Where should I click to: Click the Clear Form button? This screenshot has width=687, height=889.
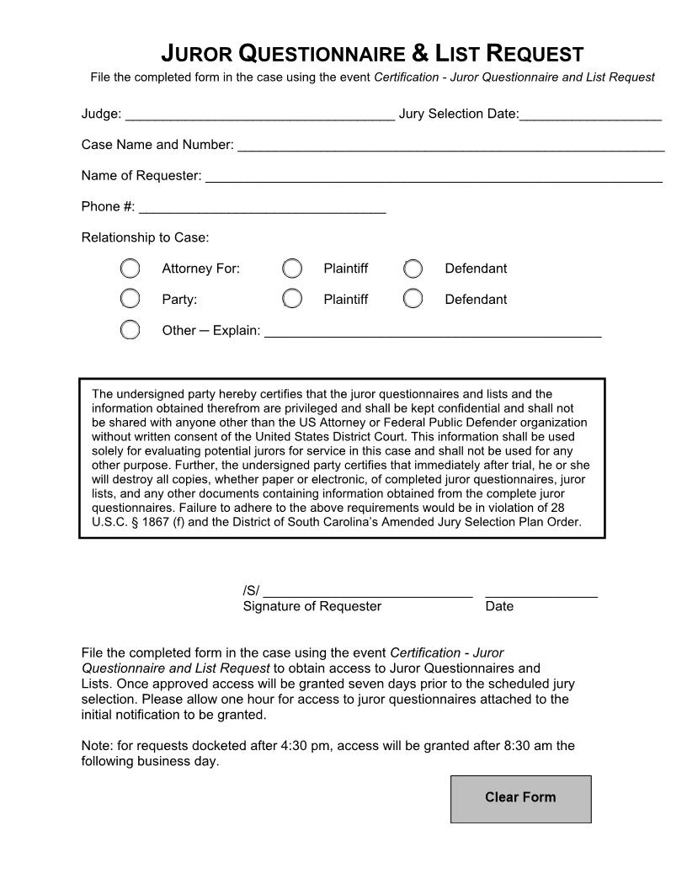click(x=520, y=798)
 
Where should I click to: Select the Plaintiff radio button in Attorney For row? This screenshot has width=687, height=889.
click(x=292, y=269)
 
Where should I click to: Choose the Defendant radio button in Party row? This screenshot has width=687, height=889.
click(x=413, y=299)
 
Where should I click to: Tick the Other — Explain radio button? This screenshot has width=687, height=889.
click(x=130, y=329)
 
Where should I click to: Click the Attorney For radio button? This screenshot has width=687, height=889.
click(x=130, y=269)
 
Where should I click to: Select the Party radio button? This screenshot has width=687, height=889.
click(x=130, y=299)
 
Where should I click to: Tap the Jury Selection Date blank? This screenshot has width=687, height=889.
click(x=590, y=114)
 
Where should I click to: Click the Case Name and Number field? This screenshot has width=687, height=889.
click(x=450, y=145)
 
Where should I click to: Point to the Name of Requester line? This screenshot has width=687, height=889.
click(x=434, y=176)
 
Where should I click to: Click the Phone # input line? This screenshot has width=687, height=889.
click(x=262, y=207)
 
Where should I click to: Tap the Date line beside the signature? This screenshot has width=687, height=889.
click(x=541, y=590)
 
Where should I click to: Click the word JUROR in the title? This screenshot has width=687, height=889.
click(x=197, y=55)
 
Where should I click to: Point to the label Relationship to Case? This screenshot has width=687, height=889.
click(x=145, y=237)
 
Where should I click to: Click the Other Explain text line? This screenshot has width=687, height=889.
click(x=433, y=331)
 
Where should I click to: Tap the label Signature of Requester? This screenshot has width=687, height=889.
click(x=312, y=606)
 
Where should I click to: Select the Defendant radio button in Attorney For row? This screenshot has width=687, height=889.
click(x=413, y=269)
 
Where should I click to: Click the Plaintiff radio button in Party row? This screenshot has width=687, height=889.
click(x=292, y=299)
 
